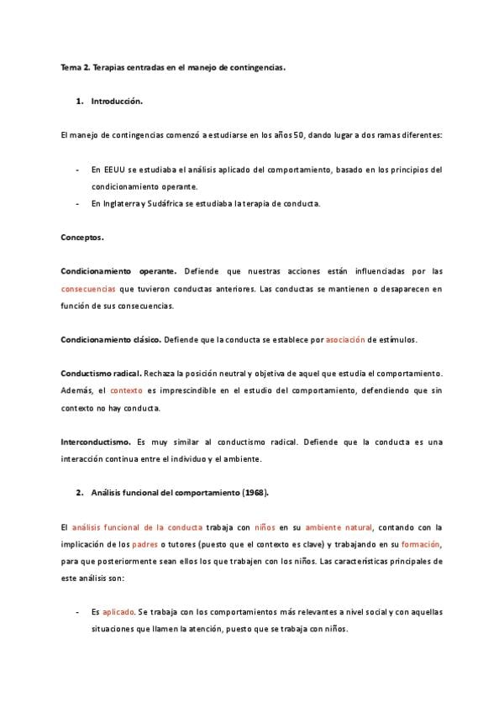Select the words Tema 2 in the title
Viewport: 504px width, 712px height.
coord(75,68)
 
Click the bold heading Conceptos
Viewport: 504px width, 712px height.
coord(82,238)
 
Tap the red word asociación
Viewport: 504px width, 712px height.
coord(345,339)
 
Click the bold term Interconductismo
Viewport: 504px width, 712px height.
coord(95,441)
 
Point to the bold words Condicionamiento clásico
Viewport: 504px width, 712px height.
coord(111,339)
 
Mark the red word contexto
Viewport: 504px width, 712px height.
coord(127,390)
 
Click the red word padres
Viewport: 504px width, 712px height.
coord(145,544)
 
